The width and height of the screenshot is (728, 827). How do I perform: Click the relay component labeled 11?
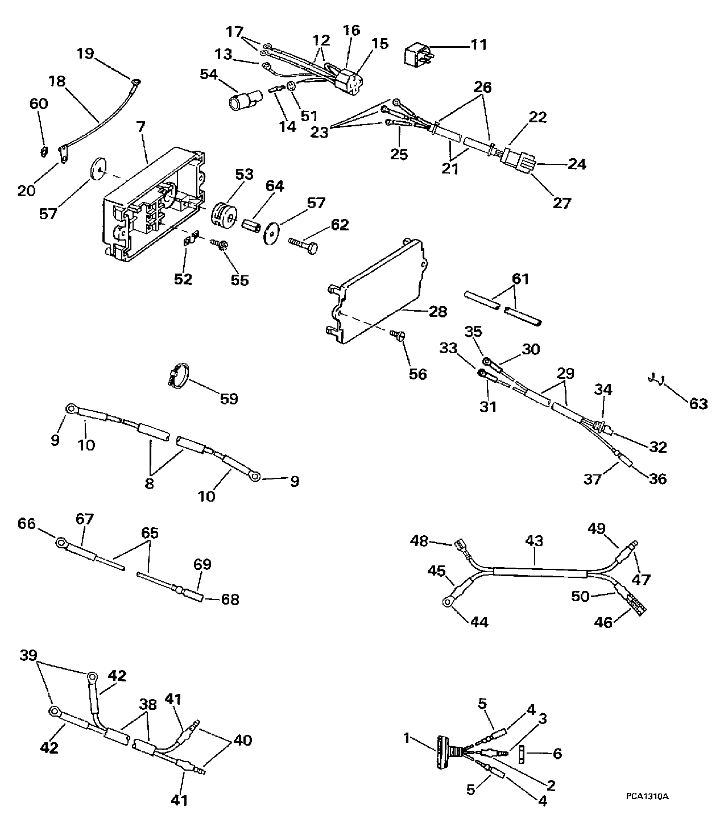point(417,54)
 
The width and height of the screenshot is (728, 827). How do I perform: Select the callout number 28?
point(438,312)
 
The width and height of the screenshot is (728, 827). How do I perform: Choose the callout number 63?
point(698,404)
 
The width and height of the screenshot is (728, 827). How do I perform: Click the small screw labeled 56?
point(396,337)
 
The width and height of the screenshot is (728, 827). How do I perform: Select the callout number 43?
point(535,541)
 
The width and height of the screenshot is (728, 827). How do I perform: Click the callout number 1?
point(407,738)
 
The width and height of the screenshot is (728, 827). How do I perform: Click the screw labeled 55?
point(220,245)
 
